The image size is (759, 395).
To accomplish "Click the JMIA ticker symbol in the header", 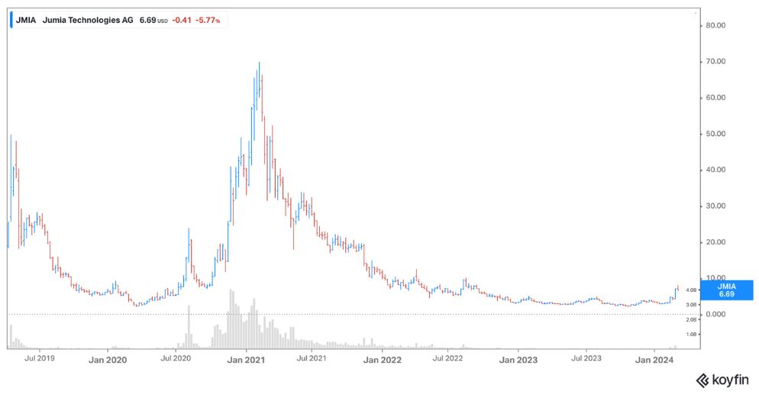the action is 26,21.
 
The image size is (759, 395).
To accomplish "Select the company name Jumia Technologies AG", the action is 88,21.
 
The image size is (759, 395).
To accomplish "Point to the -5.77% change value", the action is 208,21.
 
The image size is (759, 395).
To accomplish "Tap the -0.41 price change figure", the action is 182,21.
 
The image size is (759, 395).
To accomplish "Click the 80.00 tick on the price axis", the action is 715,26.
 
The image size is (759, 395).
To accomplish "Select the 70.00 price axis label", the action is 715,61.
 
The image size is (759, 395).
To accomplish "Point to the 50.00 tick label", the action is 715,134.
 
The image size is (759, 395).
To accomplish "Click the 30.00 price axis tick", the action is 715,206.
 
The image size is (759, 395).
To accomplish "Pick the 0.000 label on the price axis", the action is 715,314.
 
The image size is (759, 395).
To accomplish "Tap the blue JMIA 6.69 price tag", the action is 727,290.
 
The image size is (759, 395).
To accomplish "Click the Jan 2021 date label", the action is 246,360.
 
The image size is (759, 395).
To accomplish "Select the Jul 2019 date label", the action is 40,358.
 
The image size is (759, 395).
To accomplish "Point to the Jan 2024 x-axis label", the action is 654,360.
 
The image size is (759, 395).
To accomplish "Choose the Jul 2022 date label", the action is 447,358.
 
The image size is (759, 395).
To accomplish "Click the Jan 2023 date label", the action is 518,360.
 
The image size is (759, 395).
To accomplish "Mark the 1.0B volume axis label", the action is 691,334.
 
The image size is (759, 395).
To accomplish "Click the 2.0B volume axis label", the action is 691,319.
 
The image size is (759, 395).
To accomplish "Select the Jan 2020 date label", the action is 108,360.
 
